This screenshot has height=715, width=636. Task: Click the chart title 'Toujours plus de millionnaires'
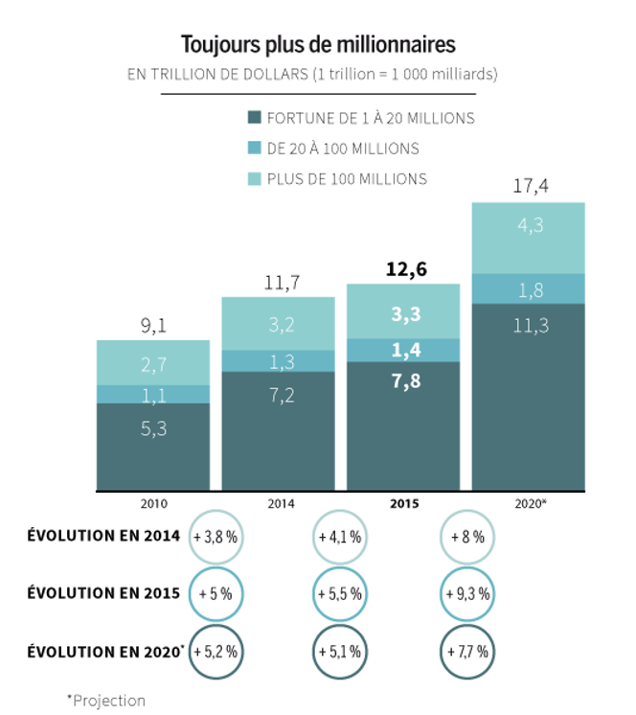[x=318, y=44]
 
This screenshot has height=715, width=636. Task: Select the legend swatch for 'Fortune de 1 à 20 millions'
[x=254, y=118]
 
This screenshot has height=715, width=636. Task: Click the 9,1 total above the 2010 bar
[x=153, y=325]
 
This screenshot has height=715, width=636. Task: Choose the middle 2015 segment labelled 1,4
[x=403, y=350]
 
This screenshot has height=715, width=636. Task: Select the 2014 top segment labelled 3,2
[x=278, y=323]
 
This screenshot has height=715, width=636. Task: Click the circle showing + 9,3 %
[x=467, y=594]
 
